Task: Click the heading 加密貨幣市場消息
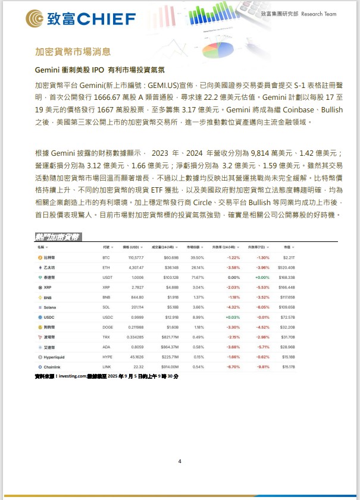pos(72,52)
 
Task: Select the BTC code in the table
pos(106,257)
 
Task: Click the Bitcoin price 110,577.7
pos(135,257)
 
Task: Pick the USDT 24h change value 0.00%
pos(233,277)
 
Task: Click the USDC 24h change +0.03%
pos(233,317)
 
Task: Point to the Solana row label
pos(50,307)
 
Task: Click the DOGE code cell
pos(107,328)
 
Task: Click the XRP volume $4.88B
pos(171,287)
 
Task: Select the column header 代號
pos(107,247)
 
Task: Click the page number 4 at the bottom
pos(180,461)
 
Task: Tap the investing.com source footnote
pos(107,376)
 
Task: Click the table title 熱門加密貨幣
pos(57,237)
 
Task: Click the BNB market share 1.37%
pos(199,297)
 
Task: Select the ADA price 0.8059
pos(136,347)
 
